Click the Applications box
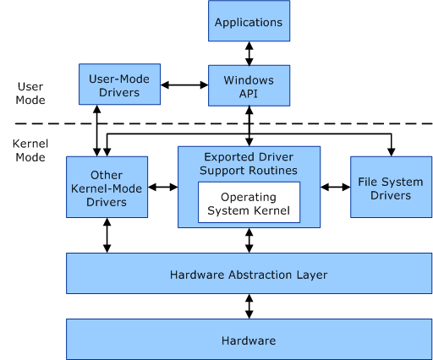[x=248, y=21]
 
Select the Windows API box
[x=248, y=85]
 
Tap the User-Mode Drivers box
[x=118, y=85]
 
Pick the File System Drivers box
[x=390, y=187]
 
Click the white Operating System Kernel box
[x=249, y=204]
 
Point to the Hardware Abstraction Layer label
[x=248, y=274]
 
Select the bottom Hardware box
[x=248, y=340]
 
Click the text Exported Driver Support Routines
[x=249, y=164]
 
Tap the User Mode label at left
[x=30, y=93]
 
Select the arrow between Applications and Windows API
[x=249, y=53]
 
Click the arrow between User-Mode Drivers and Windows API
[x=184, y=85]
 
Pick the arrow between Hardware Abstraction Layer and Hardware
[x=249, y=306]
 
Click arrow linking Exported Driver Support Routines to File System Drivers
[x=336, y=187]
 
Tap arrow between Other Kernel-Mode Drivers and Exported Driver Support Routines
[x=162, y=187]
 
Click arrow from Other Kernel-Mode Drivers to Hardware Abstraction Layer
[x=107, y=236]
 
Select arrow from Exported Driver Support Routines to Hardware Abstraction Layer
[x=249, y=241]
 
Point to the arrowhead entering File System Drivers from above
[x=391, y=151]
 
